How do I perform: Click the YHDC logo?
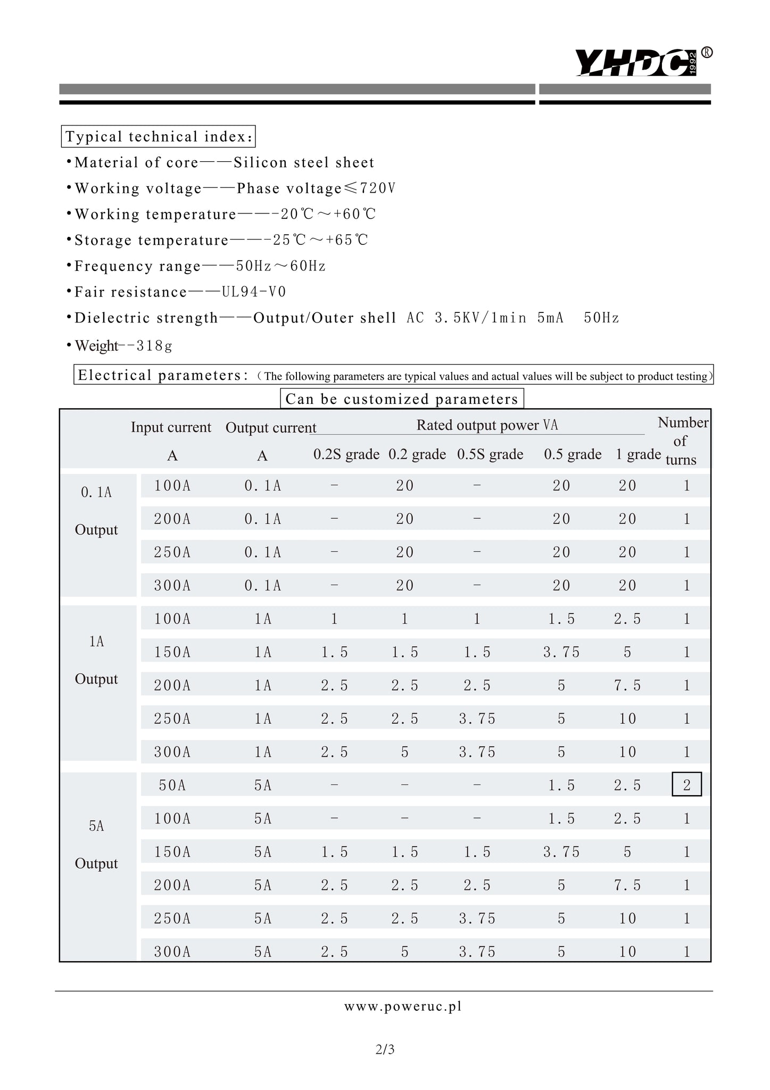(x=636, y=62)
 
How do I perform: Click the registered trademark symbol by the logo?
(x=707, y=52)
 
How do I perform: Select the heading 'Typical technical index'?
(x=159, y=137)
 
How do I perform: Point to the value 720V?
(x=378, y=188)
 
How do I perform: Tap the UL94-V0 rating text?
(x=254, y=292)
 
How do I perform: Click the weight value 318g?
(x=154, y=346)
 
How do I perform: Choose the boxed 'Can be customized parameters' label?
(x=402, y=399)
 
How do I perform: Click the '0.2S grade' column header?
(x=346, y=455)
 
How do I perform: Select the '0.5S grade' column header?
(x=490, y=455)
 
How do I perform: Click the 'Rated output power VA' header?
(x=487, y=425)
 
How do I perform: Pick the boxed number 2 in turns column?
(x=686, y=785)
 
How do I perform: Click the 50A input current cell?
(x=172, y=785)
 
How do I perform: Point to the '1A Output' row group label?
(x=96, y=660)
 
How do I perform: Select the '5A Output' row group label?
(x=96, y=845)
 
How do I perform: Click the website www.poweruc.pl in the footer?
(x=403, y=1006)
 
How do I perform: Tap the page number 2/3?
(x=385, y=1050)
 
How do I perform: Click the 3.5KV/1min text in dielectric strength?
(x=481, y=318)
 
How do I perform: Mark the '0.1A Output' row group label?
(x=96, y=511)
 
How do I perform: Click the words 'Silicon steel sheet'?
(x=304, y=162)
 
